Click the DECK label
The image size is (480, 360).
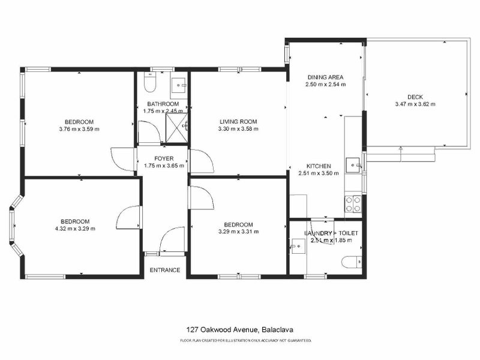[x=415, y=97]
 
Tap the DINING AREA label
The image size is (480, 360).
[x=325, y=77]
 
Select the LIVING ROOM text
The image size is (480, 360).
[x=238, y=121]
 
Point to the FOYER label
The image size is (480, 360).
[x=164, y=158]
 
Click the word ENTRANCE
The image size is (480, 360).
[x=164, y=270]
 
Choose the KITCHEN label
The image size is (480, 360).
[x=319, y=166]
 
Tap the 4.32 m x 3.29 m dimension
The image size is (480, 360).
[x=75, y=228]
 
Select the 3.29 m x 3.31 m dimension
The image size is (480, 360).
[x=238, y=232]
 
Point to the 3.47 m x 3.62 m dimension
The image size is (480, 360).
[x=415, y=104]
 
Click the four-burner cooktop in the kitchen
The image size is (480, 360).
[x=353, y=205]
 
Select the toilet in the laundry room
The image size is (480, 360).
[x=350, y=261]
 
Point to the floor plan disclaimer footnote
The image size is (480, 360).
[x=245, y=341]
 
